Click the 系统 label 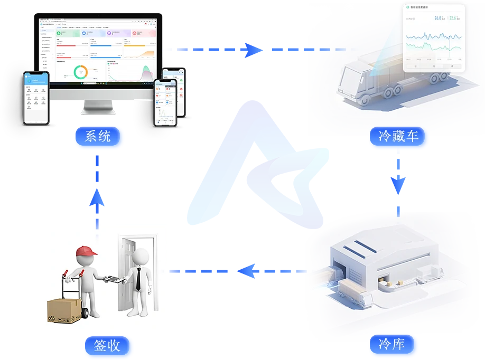click(x=98, y=136)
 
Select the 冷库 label click(x=391, y=345)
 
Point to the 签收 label click(x=107, y=346)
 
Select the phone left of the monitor click(x=36, y=98)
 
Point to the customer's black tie click(x=138, y=279)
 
